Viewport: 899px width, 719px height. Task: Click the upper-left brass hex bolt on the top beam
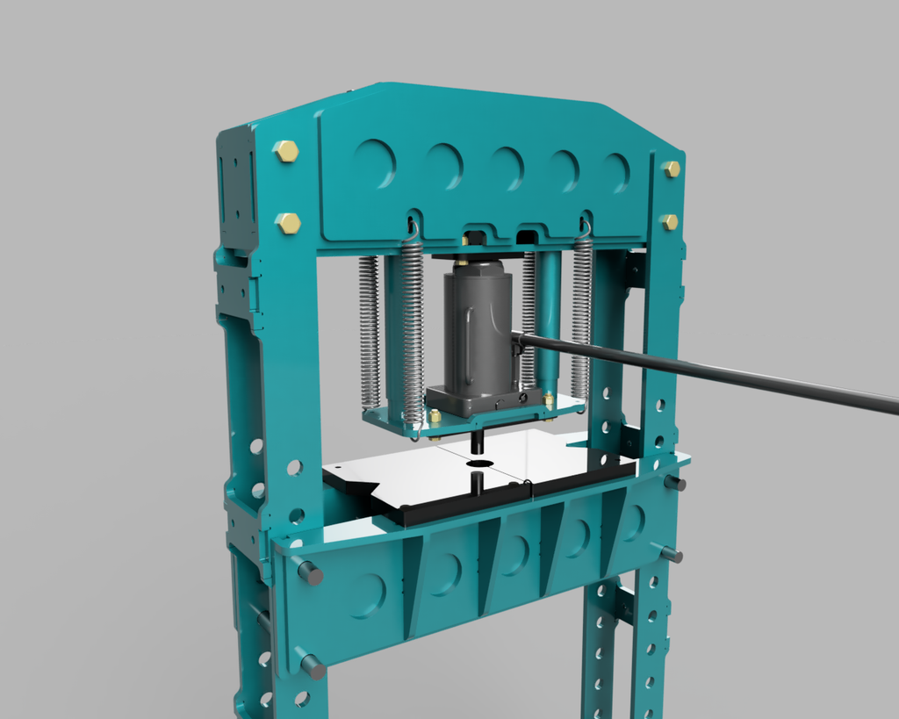(x=286, y=151)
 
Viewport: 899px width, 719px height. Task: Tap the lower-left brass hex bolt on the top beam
(x=288, y=223)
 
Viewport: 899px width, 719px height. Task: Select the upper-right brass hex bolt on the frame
(x=672, y=169)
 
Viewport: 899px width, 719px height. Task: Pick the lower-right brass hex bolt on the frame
(x=670, y=222)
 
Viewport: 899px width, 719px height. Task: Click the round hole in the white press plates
(x=479, y=463)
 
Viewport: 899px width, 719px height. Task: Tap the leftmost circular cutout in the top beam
(x=375, y=162)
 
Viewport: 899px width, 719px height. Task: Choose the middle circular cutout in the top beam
(x=507, y=168)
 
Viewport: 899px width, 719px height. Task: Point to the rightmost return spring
(x=581, y=320)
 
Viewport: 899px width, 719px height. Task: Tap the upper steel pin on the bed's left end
(x=310, y=573)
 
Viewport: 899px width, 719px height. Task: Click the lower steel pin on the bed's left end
(x=313, y=666)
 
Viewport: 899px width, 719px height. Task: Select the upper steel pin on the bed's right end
(x=675, y=483)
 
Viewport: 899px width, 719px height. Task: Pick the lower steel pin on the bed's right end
(x=672, y=554)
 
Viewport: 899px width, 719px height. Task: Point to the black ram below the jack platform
(x=477, y=442)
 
